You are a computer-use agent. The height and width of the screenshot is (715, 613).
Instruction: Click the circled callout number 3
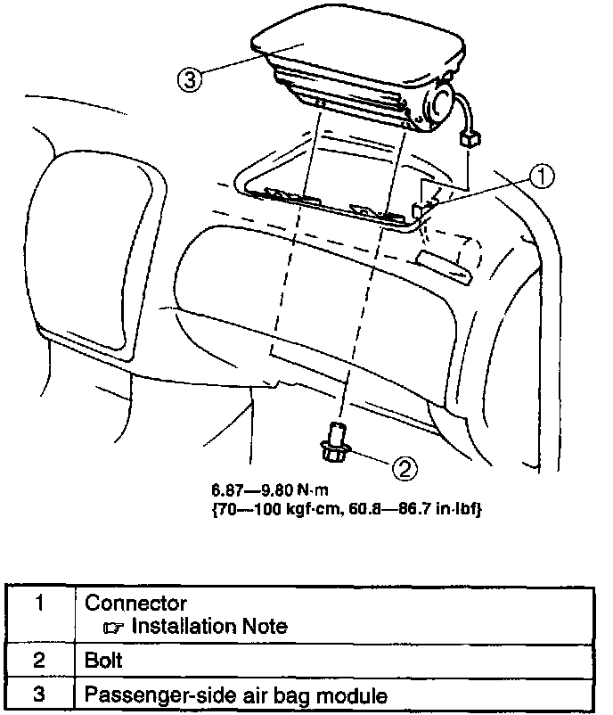pyautogui.click(x=188, y=79)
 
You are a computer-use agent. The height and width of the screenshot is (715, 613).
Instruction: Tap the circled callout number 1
pyautogui.click(x=541, y=177)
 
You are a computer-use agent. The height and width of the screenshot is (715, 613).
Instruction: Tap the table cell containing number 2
pyautogui.click(x=40, y=662)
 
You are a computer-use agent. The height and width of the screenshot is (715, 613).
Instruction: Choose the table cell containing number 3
pyautogui.click(x=40, y=694)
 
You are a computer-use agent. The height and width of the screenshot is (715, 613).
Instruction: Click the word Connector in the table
pyautogui.click(x=135, y=604)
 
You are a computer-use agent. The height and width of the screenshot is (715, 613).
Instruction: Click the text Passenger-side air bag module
pyautogui.click(x=236, y=694)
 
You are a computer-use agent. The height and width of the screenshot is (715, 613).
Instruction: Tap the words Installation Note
pyautogui.click(x=208, y=626)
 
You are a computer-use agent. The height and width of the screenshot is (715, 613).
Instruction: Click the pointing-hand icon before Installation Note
pyautogui.click(x=115, y=627)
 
